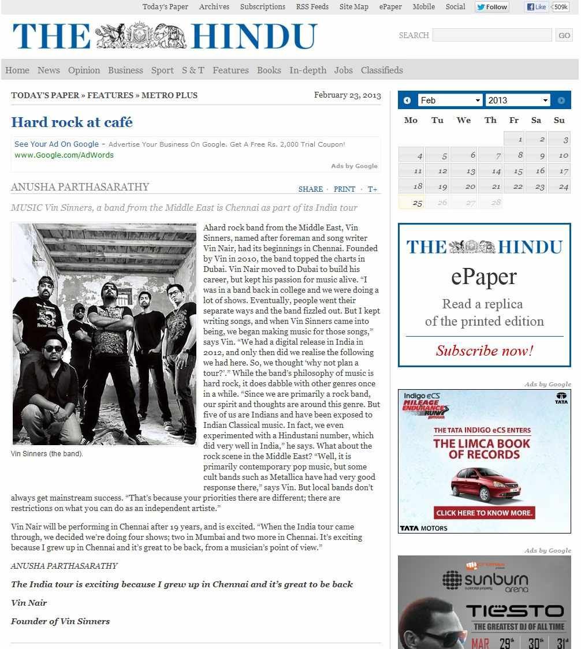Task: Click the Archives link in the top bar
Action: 214,7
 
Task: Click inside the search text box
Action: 491,35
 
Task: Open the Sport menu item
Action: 162,70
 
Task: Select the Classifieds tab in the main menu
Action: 382,70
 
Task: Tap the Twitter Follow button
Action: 492,7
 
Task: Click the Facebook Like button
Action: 537,7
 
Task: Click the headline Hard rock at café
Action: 72,122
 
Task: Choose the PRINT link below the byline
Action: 344,189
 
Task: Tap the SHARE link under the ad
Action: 311,189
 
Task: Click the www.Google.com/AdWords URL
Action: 64,155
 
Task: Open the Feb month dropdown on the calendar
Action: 450,100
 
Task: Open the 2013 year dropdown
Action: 517,100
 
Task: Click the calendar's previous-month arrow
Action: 407,100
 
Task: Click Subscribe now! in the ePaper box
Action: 484,351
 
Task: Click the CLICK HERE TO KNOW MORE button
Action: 485,513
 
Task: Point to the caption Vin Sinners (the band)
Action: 47,454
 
